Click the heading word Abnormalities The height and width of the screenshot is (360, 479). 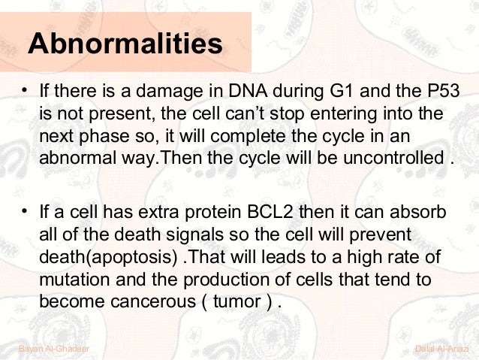(x=125, y=44)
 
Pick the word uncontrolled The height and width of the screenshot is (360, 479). (x=393, y=158)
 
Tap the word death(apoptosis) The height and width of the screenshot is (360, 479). (x=108, y=257)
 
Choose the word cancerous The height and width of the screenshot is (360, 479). (x=153, y=301)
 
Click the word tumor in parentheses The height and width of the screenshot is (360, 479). (x=236, y=301)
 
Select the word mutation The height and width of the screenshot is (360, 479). (x=74, y=280)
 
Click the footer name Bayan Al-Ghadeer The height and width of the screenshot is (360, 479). (x=54, y=349)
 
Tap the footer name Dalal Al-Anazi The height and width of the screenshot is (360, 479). (x=441, y=349)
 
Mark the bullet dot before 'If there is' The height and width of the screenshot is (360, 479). (x=25, y=90)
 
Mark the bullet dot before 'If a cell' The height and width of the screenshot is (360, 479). (x=25, y=211)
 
